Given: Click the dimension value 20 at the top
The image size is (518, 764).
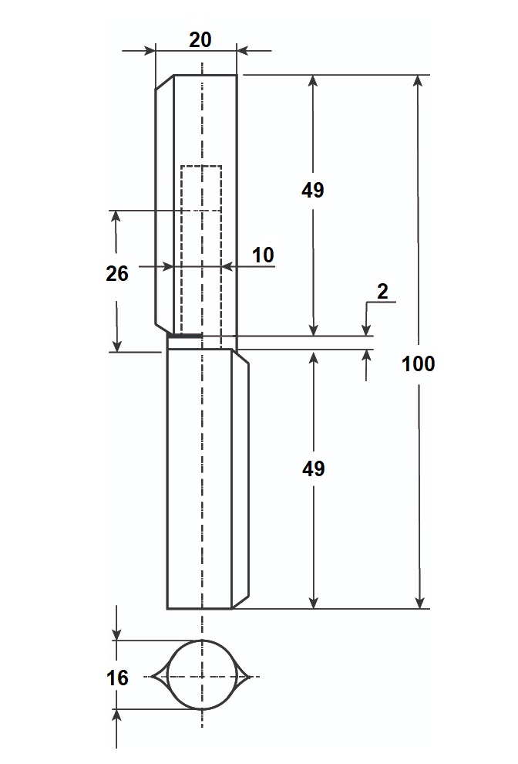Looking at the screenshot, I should tap(200, 39).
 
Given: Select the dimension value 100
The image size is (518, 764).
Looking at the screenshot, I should tap(419, 363).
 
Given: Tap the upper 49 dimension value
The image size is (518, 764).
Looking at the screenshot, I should tap(313, 190).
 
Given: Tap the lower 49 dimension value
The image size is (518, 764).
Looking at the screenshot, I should tap(313, 468).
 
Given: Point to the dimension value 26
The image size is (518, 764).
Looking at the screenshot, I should tap(117, 272).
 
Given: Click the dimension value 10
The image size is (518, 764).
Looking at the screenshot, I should tap(263, 255).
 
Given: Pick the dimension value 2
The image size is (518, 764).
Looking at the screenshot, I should tap(382, 291).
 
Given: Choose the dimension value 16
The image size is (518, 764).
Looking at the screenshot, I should tap(117, 678).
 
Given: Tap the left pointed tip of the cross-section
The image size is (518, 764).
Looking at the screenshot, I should tap(153, 677).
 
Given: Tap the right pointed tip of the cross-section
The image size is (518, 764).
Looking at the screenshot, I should tap(252, 677).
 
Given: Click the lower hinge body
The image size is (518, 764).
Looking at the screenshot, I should tap(199, 478).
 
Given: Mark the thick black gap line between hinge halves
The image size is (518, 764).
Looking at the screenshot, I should tap(185, 336).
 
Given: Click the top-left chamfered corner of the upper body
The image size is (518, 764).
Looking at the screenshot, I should tap(164, 82).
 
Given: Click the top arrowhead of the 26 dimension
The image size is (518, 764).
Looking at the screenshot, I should tap(117, 215).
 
